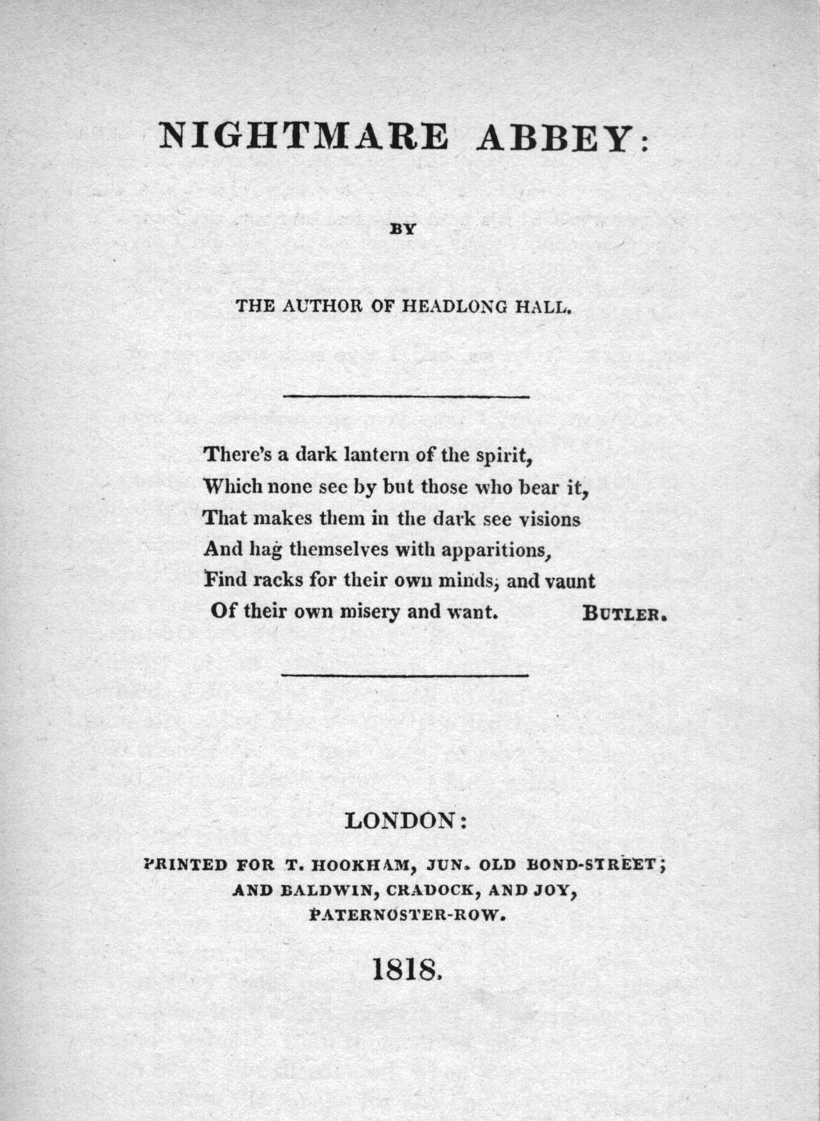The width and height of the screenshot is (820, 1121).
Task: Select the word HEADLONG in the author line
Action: (x=454, y=306)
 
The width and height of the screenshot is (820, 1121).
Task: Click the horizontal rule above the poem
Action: (x=406, y=398)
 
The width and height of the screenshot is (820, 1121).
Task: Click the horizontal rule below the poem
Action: (x=405, y=674)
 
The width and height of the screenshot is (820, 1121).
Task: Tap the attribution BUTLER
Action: (x=624, y=614)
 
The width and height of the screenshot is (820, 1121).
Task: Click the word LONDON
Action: (x=401, y=820)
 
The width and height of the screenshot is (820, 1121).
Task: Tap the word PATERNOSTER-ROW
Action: (x=404, y=915)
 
